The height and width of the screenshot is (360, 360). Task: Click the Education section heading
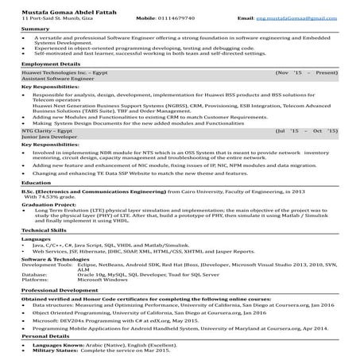[37, 183]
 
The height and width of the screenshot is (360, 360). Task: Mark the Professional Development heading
[60, 290]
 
